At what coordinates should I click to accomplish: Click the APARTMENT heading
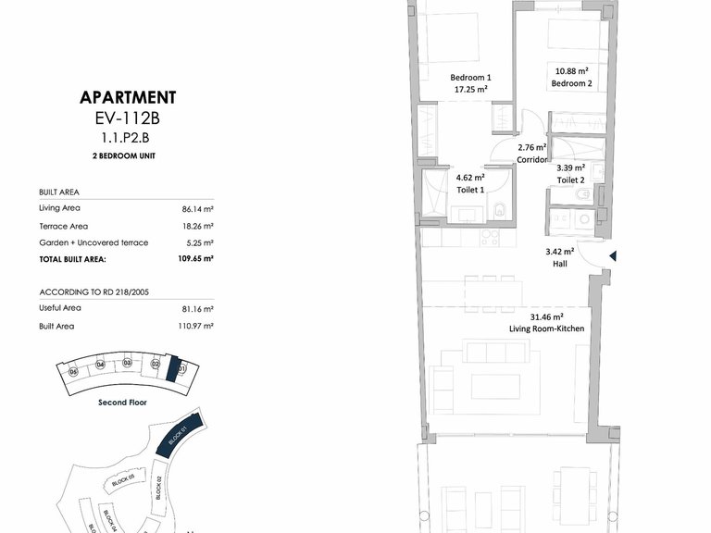click(128, 97)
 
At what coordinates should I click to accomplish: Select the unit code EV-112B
click(128, 118)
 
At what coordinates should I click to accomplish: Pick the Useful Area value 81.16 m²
click(198, 308)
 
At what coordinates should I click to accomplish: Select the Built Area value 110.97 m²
click(196, 326)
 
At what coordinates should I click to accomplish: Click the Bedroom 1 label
click(470, 78)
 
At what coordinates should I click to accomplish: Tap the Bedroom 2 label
click(571, 83)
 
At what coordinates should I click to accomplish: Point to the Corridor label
click(532, 159)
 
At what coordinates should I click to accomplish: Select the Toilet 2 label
click(570, 180)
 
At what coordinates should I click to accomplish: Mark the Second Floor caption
click(123, 403)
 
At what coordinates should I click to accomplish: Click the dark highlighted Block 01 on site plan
click(179, 433)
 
